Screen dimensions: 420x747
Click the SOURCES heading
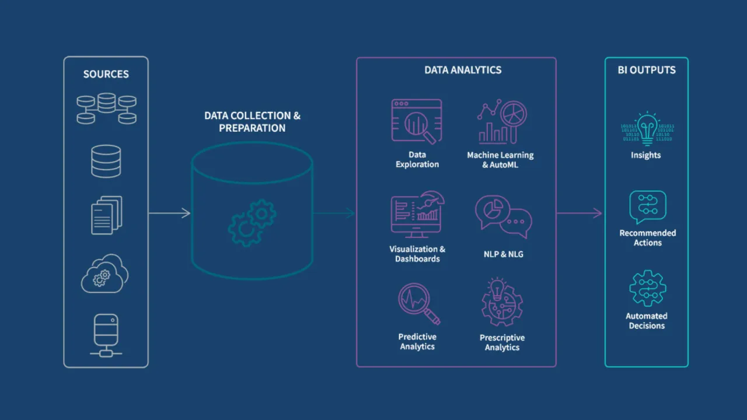[x=106, y=74]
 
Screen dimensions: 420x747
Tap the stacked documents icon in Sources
[x=106, y=215]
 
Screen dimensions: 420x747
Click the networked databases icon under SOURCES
[x=106, y=108]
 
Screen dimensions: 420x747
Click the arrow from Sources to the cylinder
[x=169, y=213]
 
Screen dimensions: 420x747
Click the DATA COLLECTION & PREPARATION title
[x=252, y=121]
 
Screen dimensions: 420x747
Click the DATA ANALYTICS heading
[x=463, y=70]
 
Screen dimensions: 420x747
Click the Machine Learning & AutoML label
[x=500, y=160]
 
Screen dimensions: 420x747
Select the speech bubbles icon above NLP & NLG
[x=503, y=216]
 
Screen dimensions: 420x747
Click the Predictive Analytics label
[x=417, y=342]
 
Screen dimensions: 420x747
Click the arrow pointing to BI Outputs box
[x=579, y=213]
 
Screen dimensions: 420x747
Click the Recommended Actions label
[x=647, y=237]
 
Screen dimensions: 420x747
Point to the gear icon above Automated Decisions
[x=647, y=288]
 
